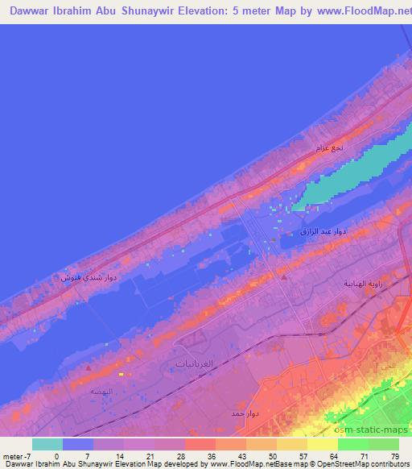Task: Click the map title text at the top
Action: tap(206, 11)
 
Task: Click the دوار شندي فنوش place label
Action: tap(89, 276)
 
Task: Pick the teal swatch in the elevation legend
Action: tap(47, 444)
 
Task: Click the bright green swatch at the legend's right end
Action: tap(383, 444)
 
